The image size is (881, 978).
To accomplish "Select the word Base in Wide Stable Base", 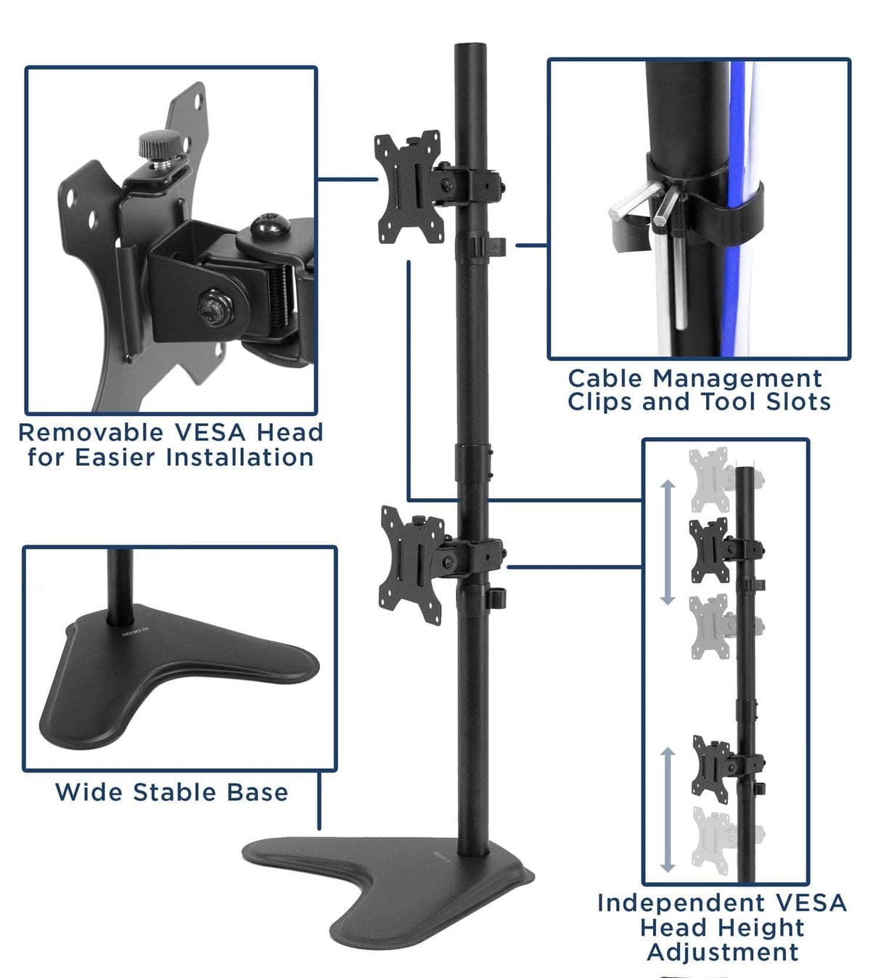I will pyautogui.click(x=257, y=792).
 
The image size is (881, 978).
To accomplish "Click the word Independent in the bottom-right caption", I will pyautogui.click(x=670, y=903).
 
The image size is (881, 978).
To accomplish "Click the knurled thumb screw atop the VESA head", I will pyautogui.click(x=154, y=143).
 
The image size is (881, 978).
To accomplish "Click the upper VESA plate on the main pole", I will pyautogui.click(x=407, y=187).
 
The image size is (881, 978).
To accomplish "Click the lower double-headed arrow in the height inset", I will pyautogui.click(x=668, y=810).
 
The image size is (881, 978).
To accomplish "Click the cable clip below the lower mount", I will pyautogui.click(x=497, y=598).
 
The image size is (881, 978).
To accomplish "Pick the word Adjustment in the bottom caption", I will pyautogui.click(x=723, y=952).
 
